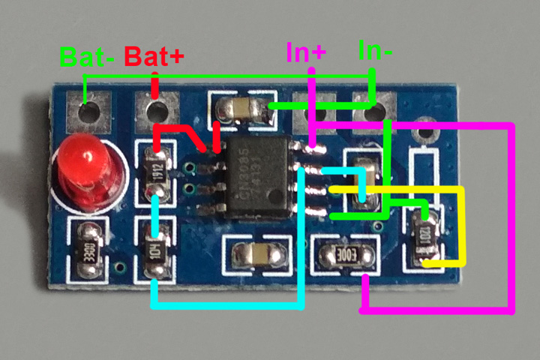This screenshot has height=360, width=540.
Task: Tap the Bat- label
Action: tap(87, 56)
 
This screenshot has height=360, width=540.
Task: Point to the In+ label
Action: tap(306, 52)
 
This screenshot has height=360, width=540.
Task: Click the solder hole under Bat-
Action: tap(88, 112)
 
